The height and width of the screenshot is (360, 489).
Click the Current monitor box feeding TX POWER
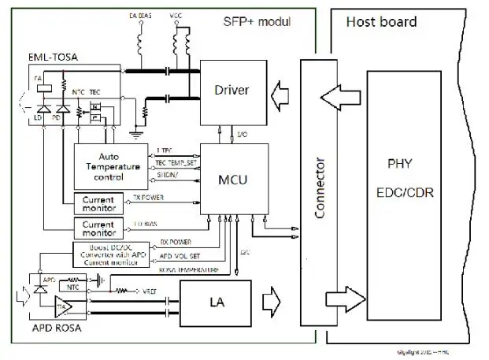(x=98, y=202)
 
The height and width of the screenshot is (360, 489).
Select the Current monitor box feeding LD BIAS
(x=98, y=228)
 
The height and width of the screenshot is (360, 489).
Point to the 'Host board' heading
(x=381, y=21)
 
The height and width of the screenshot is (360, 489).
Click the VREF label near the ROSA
(x=150, y=290)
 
